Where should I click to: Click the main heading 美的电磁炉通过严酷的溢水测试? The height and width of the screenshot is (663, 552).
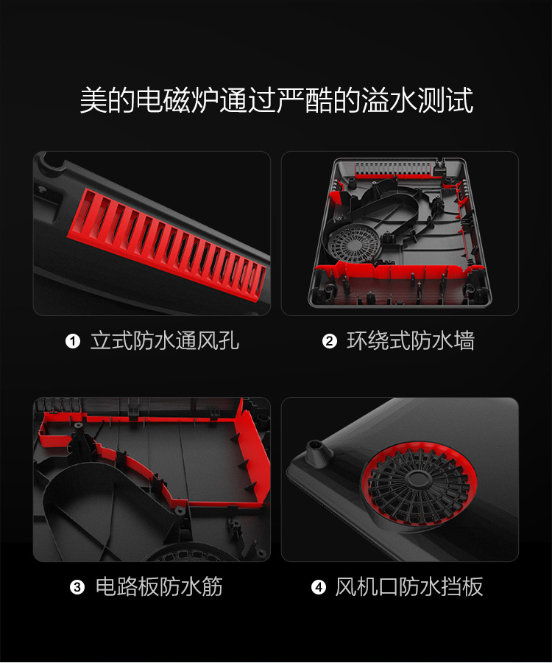[x=276, y=100]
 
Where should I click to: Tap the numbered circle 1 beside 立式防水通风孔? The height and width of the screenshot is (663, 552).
[x=73, y=341]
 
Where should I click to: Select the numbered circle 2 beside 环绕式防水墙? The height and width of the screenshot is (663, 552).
[x=330, y=341]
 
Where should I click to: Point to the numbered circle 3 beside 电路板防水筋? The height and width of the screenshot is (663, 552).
[x=77, y=587]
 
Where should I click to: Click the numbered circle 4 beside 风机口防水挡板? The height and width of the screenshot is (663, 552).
[x=319, y=587]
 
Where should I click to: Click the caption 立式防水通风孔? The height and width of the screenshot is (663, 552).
[x=165, y=341]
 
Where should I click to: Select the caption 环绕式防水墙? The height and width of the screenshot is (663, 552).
[x=411, y=341]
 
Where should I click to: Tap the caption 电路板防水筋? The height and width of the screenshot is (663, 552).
[x=159, y=587]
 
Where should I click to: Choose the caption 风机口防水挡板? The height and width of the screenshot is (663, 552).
[x=408, y=587]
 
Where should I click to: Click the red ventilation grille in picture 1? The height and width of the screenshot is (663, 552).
[x=168, y=245]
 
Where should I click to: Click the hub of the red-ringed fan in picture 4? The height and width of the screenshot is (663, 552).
[x=417, y=479]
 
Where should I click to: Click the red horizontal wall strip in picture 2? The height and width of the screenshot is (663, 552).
[x=397, y=271]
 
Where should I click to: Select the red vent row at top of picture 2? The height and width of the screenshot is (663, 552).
[x=394, y=169]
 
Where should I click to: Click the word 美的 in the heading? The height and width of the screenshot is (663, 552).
[x=107, y=100]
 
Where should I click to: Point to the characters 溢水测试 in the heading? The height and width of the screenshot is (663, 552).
[x=417, y=100]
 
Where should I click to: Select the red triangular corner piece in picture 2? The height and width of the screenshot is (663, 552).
[x=336, y=197]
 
